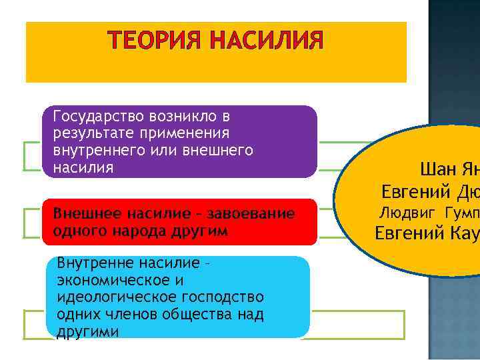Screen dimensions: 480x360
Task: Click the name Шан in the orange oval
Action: coord(435,169)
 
